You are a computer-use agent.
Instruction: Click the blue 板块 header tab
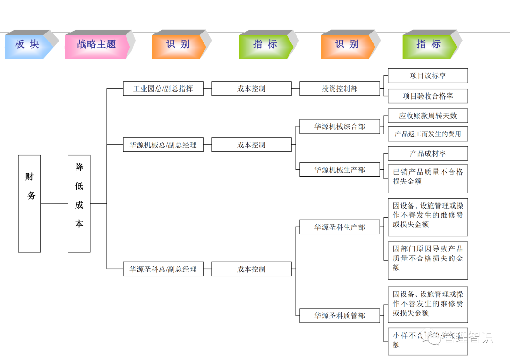[x=27, y=45]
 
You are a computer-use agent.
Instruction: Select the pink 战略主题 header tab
[x=96, y=45]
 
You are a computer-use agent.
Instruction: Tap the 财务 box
[x=30, y=203]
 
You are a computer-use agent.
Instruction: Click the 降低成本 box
[x=79, y=203]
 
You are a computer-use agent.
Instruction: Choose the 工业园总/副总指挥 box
[x=163, y=89]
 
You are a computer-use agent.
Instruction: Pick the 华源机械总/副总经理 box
[x=163, y=145]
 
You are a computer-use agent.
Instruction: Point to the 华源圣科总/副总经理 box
[x=163, y=269]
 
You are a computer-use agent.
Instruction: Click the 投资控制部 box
[x=340, y=89]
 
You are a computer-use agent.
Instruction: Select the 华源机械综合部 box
[x=340, y=127]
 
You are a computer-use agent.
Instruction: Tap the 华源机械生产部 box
[x=340, y=170]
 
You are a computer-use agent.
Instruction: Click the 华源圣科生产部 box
[x=340, y=227]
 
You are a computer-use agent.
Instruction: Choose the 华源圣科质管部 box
[x=340, y=316]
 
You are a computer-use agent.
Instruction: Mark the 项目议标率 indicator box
[x=428, y=76]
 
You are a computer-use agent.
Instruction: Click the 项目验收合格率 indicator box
[x=428, y=96]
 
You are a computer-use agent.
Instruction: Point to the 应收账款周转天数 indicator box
[x=428, y=116]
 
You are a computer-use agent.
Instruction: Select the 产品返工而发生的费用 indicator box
[x=428, y=134]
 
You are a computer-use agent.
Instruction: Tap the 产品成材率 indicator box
[x=428, y=153]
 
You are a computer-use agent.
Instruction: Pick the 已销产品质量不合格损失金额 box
[x=428, y=178]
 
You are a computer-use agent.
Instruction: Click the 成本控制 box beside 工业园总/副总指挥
[x=251, y=89]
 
